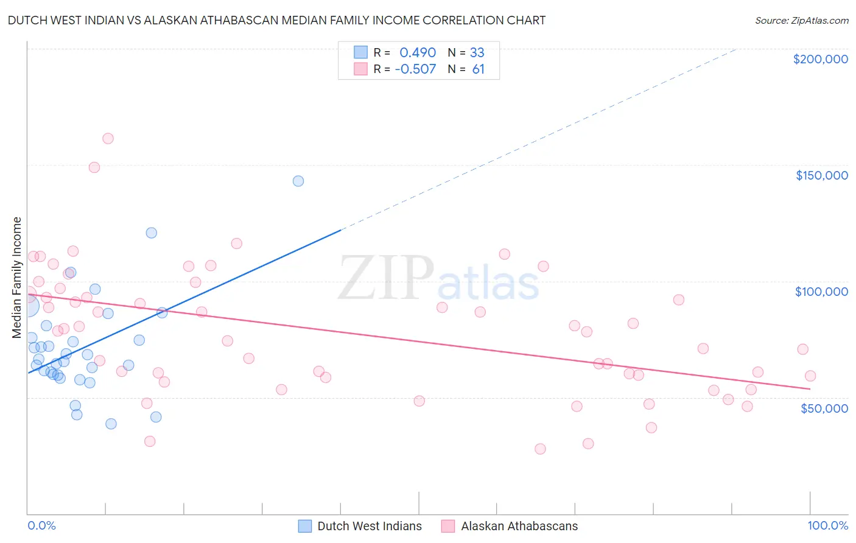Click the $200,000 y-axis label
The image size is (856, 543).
pyautogui.click(x=820, y=59)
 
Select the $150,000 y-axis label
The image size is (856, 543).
pyautogui.click(x=821, y=175)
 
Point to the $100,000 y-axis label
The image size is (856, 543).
pyautogui.click(x=821, y=292)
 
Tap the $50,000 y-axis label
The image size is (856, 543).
pyautogui.click(x=824, y=408)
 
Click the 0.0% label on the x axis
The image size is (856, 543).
pyautogui.click(x=41, y=526)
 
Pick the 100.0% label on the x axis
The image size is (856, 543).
pyautogui.click(x=827, y=526)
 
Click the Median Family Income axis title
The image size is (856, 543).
pyautogui.click(x=16, y=278)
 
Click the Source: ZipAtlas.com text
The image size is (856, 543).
pyautogui.click(x=801, y=20)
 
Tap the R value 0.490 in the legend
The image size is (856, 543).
pyautogui.click(x=418, y=52)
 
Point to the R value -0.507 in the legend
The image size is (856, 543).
pyautogui.click(x=415, y=69)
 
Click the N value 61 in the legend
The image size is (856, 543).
pyautogui.click(x=479, y=69)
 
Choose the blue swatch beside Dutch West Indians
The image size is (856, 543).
pyautogui.click(x=305, y=526)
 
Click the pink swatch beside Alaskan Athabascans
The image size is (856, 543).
pyautogui.click(x=448, y=526)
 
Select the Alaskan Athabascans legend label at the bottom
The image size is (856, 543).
pyautogui.click(x=519, y=526)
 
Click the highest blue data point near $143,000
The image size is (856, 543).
pyautogui.click(x=298, y=181)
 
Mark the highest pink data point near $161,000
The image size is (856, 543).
pyautogui.click(x=108, y=138)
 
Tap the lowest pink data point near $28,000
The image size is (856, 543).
pyautogui.click(x=540, y=449)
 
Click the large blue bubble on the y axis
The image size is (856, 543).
pyautogui.click(x=28, y=306)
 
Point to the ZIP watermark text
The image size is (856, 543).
pyautogui.click(x=386, y=278)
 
